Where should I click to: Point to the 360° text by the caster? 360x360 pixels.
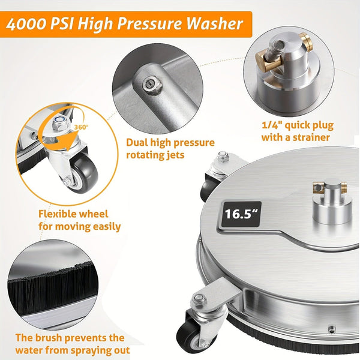point(82,127)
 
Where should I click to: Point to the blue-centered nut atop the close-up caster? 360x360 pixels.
point(61,124)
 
